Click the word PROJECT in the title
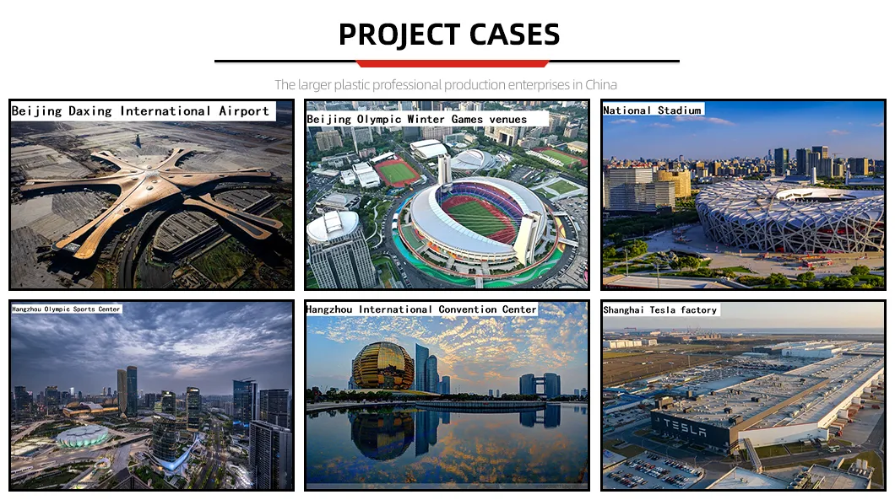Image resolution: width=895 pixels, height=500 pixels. (x=394, y=35)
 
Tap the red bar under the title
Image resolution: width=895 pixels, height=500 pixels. (x=453, y=63)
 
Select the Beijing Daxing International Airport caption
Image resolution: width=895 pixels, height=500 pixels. (x=140, y=111)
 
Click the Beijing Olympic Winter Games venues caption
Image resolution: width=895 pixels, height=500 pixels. (x=417, y=120)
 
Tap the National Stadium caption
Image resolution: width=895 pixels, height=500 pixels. (x=652, y=110)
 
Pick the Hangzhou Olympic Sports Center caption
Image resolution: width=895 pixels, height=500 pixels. (x=66, y=309)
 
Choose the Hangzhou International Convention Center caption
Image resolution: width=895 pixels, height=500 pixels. (x=421, y=309)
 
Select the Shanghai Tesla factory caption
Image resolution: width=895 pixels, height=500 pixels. (x=659, y=310)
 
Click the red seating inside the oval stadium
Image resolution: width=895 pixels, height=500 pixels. (x=479, y=218)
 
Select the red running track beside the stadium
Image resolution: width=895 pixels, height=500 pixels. (x=397, y=173)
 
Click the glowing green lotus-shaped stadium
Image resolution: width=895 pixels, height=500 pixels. (x=82, y=436)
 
